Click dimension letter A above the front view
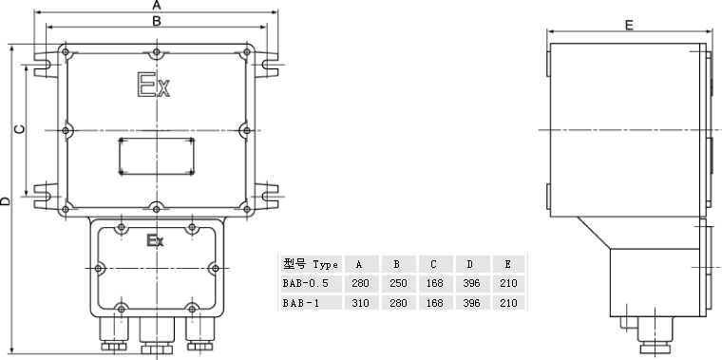157,5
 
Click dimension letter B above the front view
157,21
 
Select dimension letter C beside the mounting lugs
20,129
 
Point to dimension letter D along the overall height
5,200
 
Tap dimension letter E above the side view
629,25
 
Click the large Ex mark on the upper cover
154,85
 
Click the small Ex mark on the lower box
155,240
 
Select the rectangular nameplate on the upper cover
156,157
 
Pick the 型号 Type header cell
311,264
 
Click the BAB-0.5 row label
305,283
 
